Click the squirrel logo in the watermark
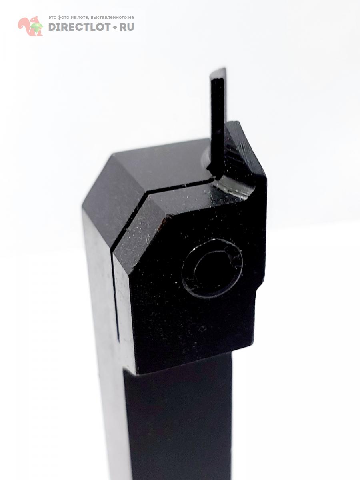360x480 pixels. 30,26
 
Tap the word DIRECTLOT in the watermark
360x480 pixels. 79,27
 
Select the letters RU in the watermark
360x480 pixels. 126,27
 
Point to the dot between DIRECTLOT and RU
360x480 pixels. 115,27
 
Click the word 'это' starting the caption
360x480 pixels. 52,18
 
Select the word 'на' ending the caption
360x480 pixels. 131,18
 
